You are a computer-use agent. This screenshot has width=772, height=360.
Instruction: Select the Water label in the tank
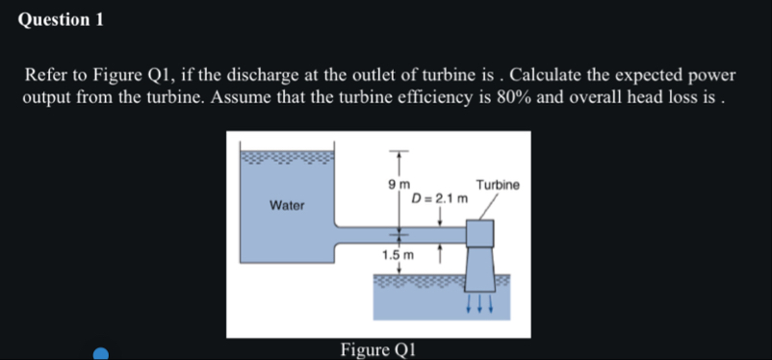[x=286, y=205]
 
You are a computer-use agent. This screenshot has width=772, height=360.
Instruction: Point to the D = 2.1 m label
[x=439, y=199]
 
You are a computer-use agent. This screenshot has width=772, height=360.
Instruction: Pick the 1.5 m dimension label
[x=398, y=255]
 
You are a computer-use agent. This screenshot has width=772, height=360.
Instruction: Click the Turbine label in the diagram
[x=498, y=184]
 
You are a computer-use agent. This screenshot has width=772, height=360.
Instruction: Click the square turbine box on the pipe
[x=479, y=235]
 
